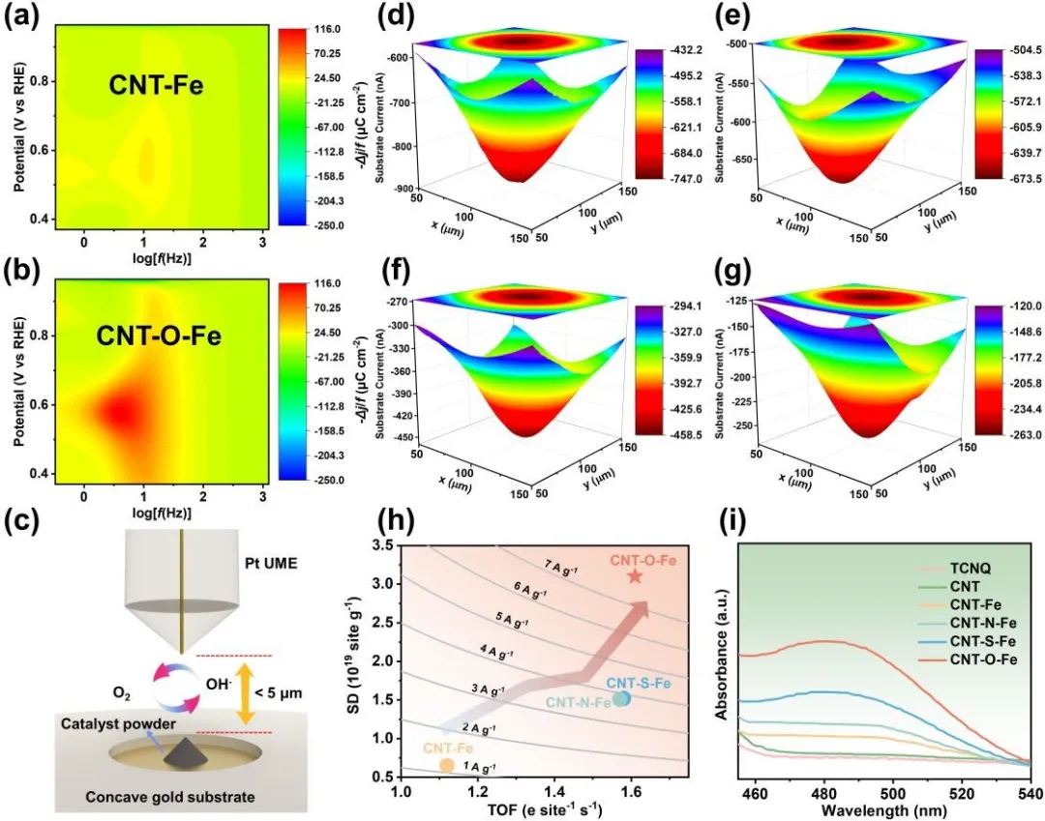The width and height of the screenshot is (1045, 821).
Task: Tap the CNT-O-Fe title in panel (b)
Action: click(161, 337)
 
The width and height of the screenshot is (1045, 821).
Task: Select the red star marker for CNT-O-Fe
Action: click(635, 576)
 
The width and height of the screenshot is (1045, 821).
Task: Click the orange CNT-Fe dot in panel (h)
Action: click(446, 765)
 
